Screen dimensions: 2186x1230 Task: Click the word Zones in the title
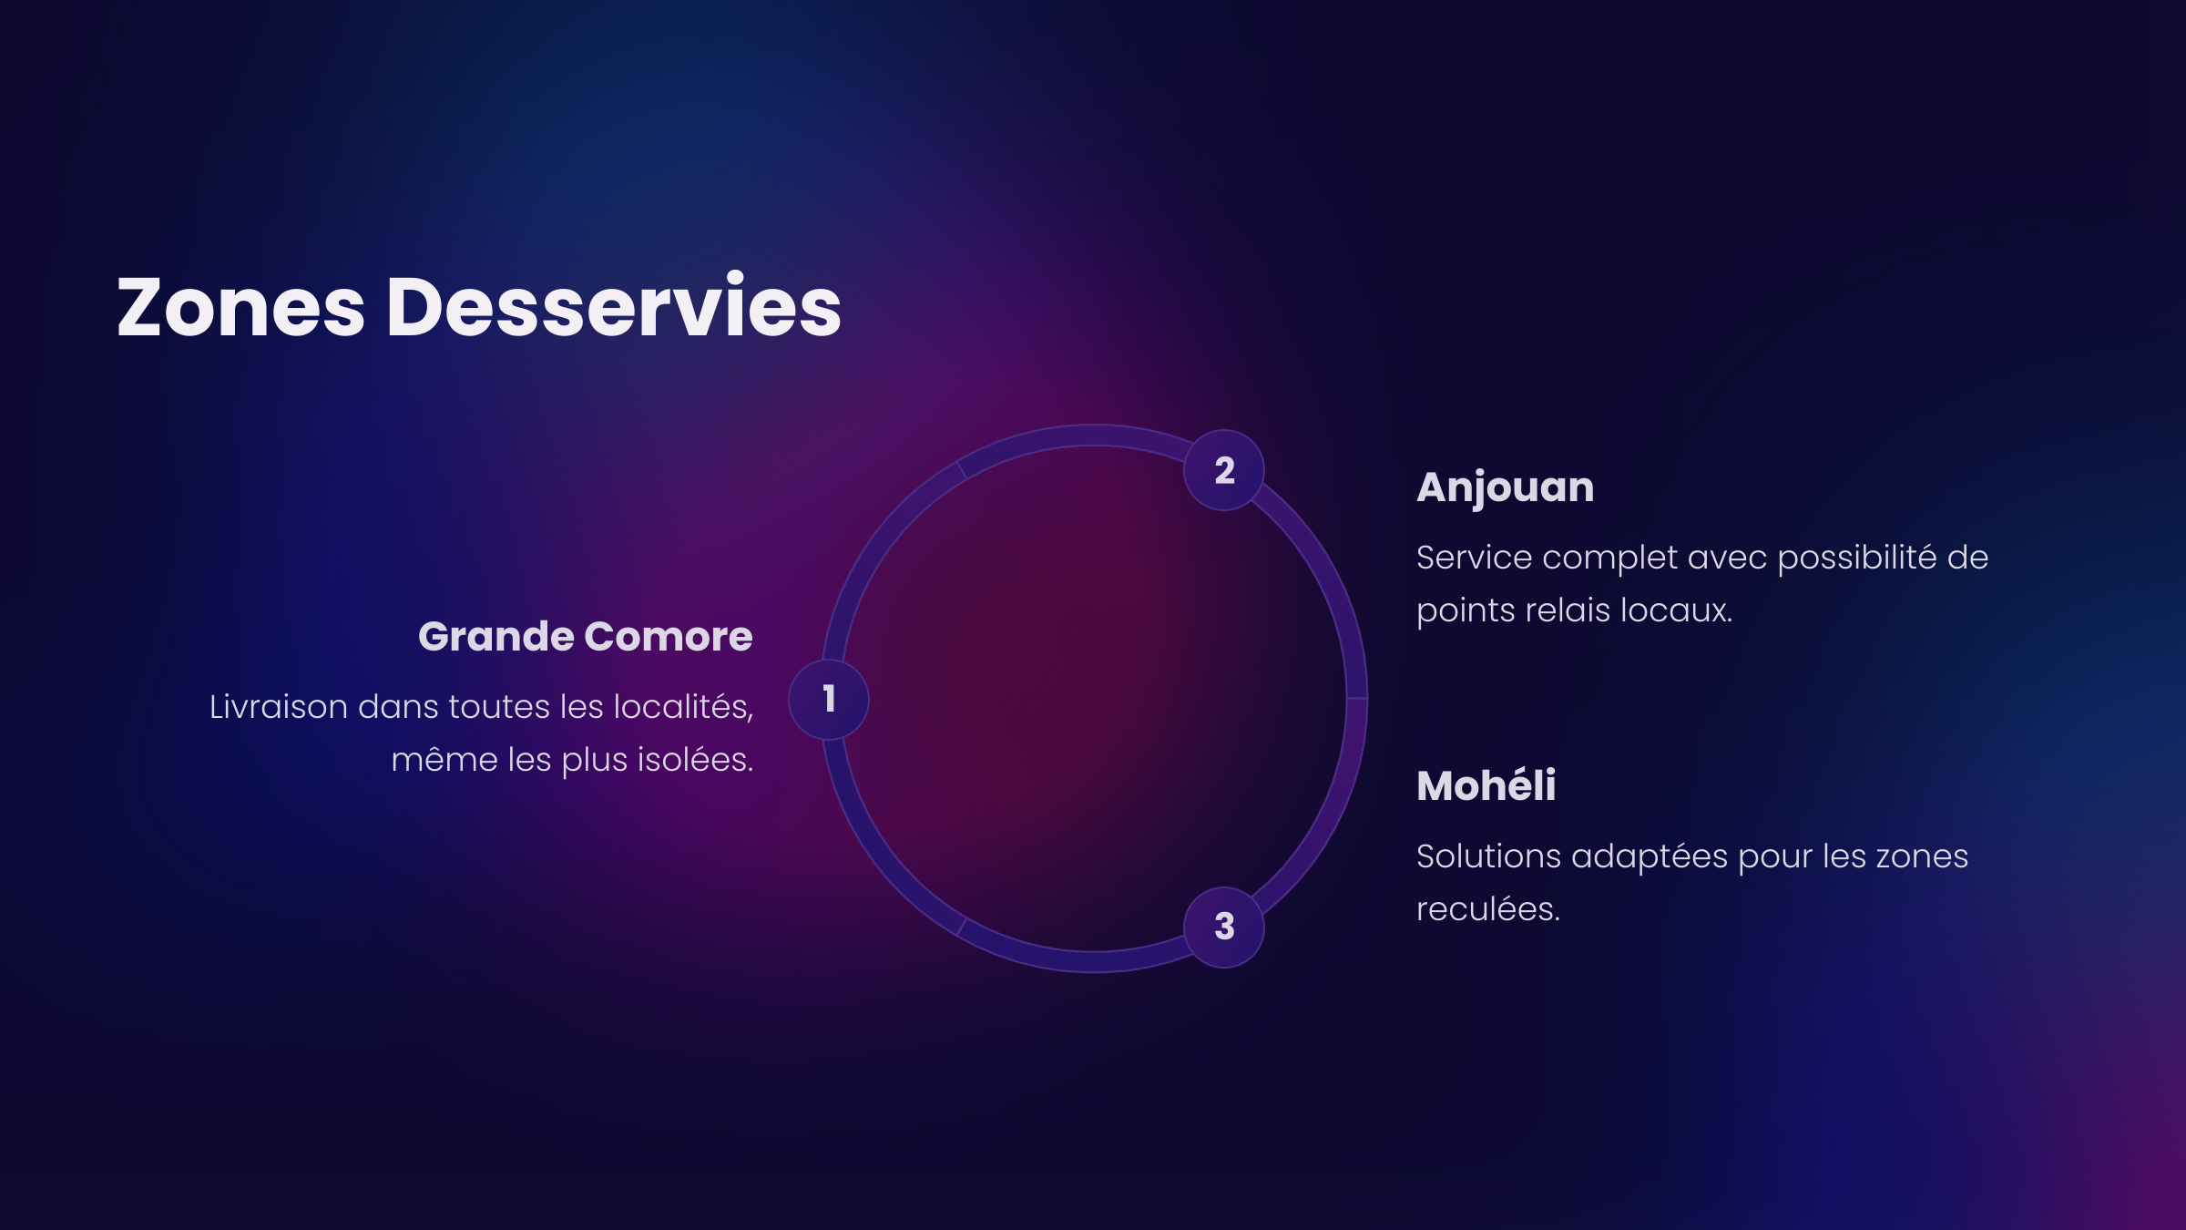tap(241, 307)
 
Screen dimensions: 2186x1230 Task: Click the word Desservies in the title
tap(615, 305)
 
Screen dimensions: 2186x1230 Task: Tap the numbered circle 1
tap(829, 700)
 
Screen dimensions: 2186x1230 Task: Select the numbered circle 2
tap(1224, 470)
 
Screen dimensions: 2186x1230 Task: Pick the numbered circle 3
tap(1224, 928)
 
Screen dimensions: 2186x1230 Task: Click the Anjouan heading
tap(1506, 488)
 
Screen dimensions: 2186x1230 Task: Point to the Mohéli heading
tap(1486, 785)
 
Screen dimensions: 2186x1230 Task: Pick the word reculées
tap(1488, 909)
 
